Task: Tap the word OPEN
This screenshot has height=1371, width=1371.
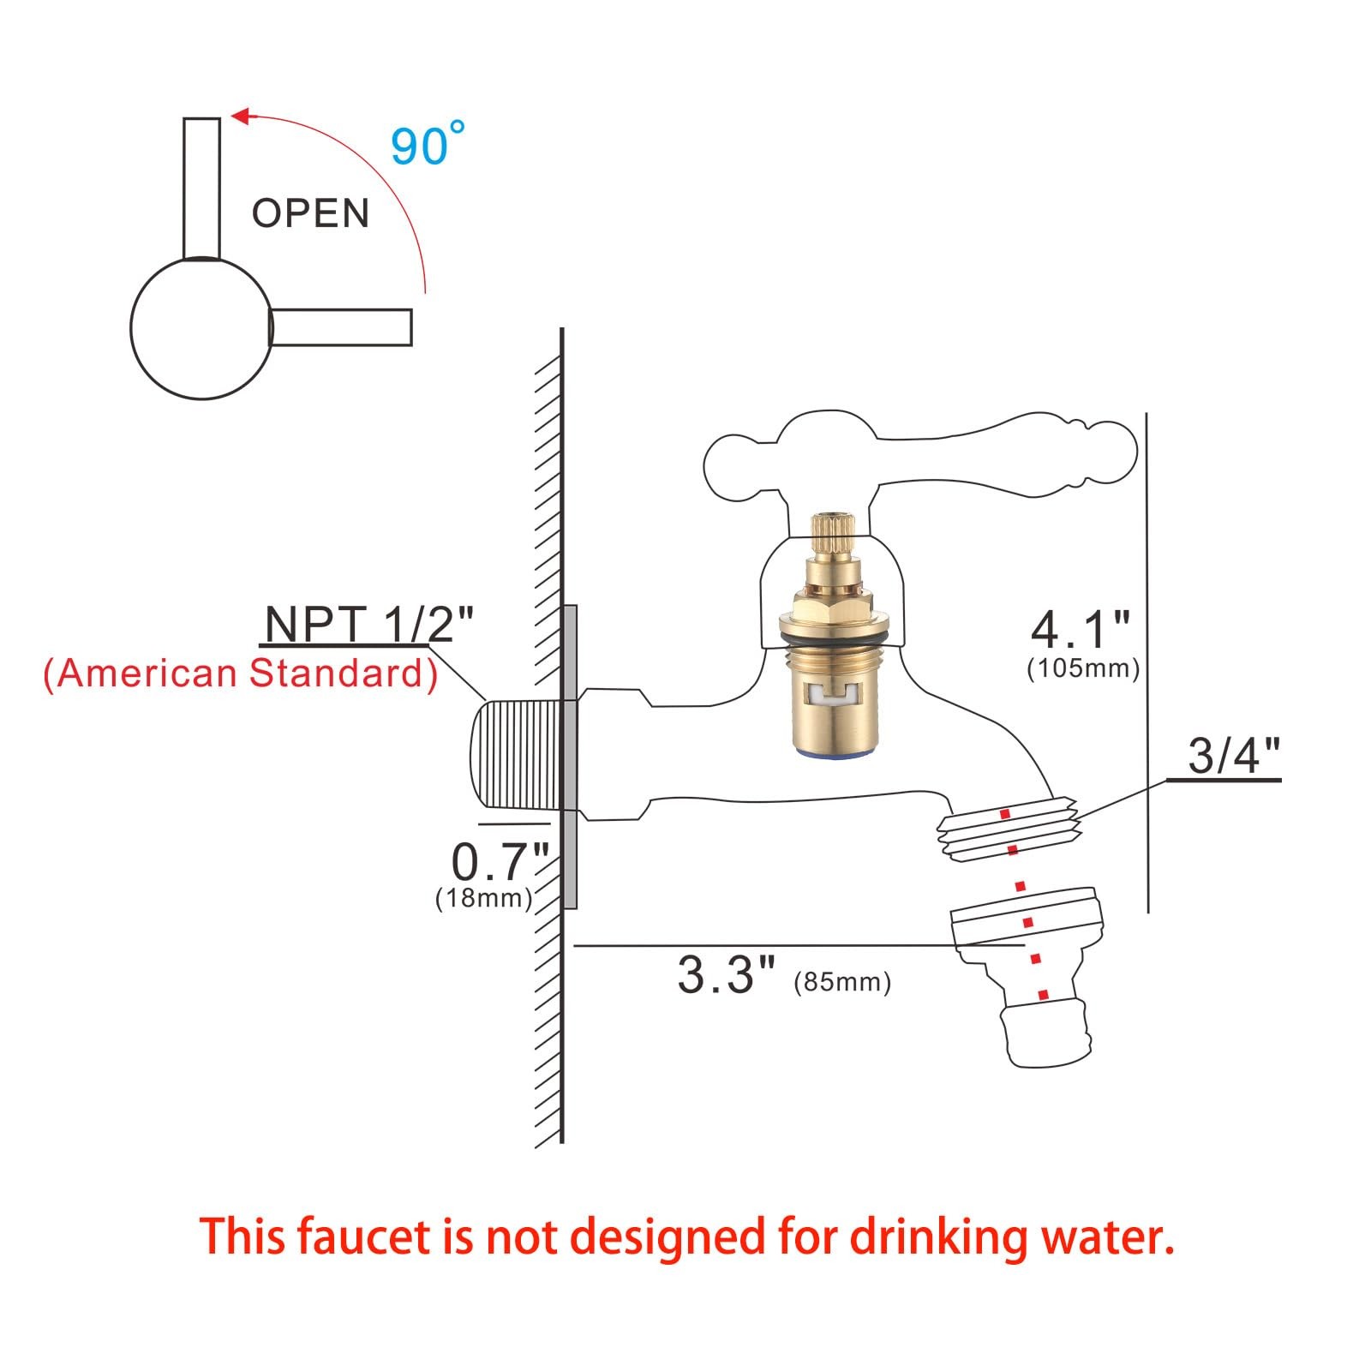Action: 310,213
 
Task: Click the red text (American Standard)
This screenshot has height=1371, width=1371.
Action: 241,674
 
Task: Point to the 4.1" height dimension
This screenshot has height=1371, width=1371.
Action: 1080,631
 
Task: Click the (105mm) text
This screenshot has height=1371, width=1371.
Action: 1083,669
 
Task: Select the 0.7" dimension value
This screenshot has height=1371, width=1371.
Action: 500,861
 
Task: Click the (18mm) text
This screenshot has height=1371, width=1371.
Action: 484,898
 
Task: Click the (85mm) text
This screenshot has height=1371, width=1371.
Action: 842,982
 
